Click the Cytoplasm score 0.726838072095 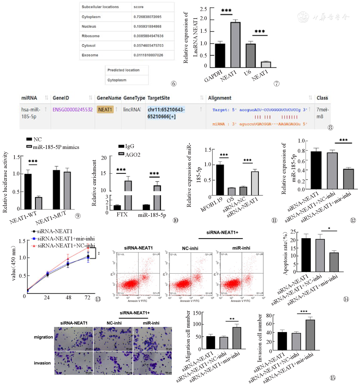[147, 17]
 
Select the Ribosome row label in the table [91, 36]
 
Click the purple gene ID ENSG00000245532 [73, 110]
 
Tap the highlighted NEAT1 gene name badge [105, 110]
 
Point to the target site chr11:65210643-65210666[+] [166, 113]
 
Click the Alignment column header [220, 98]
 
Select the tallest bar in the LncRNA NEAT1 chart [235, 44]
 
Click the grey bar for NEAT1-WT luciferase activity [39, 203]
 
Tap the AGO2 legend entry [132, 155]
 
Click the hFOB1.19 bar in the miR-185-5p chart [220, 180]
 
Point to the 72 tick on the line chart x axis [87, 298]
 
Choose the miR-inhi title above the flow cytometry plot [241, 248]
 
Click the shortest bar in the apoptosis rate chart [334, 262]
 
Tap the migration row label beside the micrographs [43, 337]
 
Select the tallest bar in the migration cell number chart [236, 338]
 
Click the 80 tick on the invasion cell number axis [269, 315]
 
